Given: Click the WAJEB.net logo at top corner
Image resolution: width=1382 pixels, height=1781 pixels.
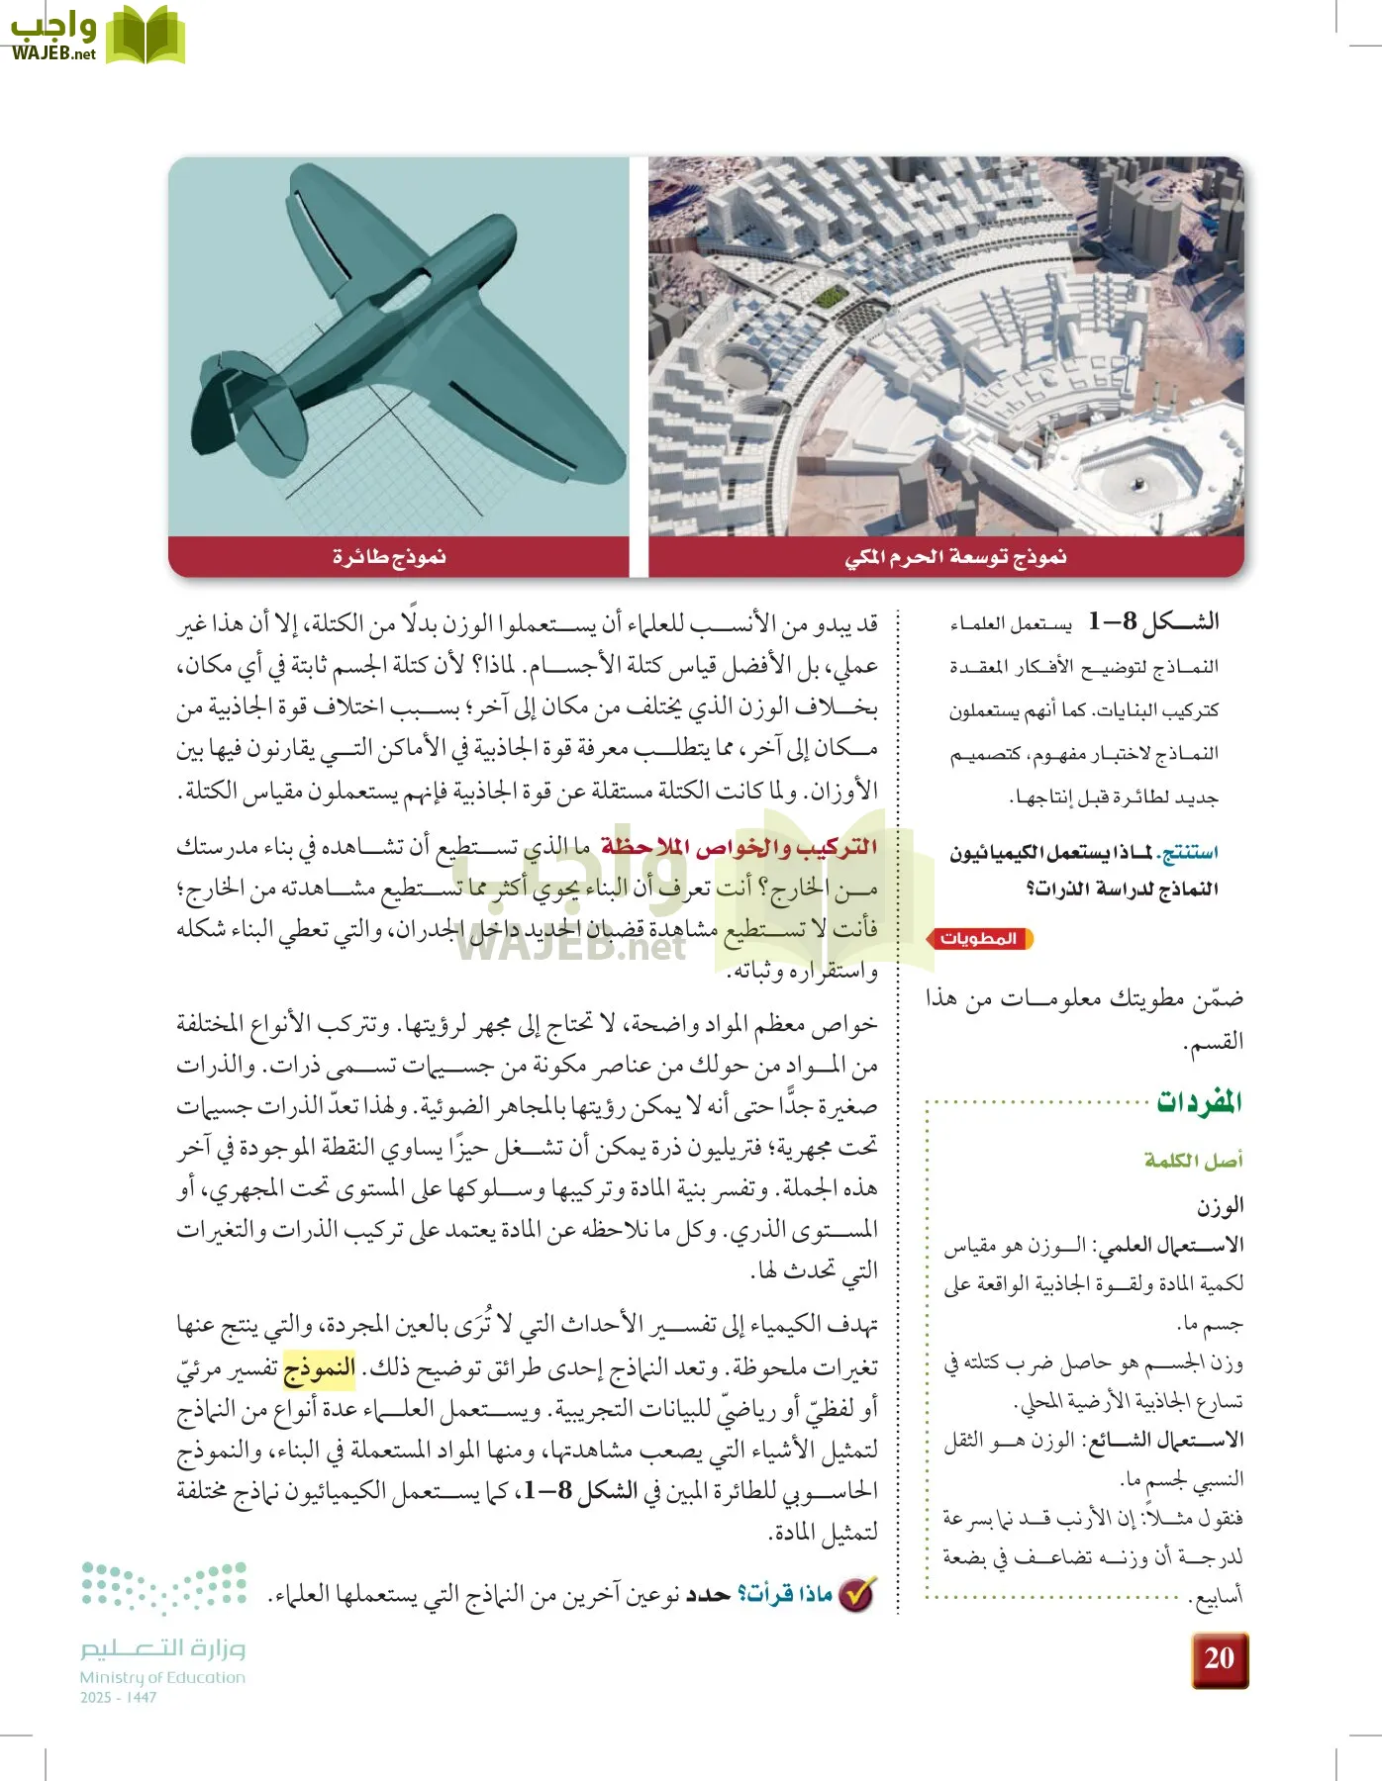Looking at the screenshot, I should (x=94, y=36).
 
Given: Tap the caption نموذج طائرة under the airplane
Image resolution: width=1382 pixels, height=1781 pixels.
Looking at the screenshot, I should (x=389, y=557).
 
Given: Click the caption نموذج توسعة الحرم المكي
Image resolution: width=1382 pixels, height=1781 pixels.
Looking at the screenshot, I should (x=955, y=557).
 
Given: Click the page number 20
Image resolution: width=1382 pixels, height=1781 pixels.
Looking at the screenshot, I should (x=1219, y=1657).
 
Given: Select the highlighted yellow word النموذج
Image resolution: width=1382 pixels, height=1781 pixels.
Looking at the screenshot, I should (x=319, y=1369).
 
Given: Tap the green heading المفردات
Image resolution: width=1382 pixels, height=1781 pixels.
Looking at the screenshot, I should (x=1199, y=1102).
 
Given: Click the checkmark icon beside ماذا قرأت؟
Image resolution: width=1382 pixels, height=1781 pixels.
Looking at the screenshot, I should (x=856, y=1594).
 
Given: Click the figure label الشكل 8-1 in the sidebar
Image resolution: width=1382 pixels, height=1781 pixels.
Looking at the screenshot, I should (x=1153, y=622).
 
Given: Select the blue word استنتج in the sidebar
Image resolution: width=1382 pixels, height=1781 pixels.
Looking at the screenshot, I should (x=1190, y=852).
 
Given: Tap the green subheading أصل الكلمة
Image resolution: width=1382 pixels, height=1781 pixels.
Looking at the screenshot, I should (x=1193, y=1160).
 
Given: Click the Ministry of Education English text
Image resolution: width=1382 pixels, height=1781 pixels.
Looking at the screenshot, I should (x=162, y=1677).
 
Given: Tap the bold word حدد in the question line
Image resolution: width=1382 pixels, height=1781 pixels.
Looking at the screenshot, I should (x=708, y=1595).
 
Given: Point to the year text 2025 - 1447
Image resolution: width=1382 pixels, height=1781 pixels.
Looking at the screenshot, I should (x=118, y=1697).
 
